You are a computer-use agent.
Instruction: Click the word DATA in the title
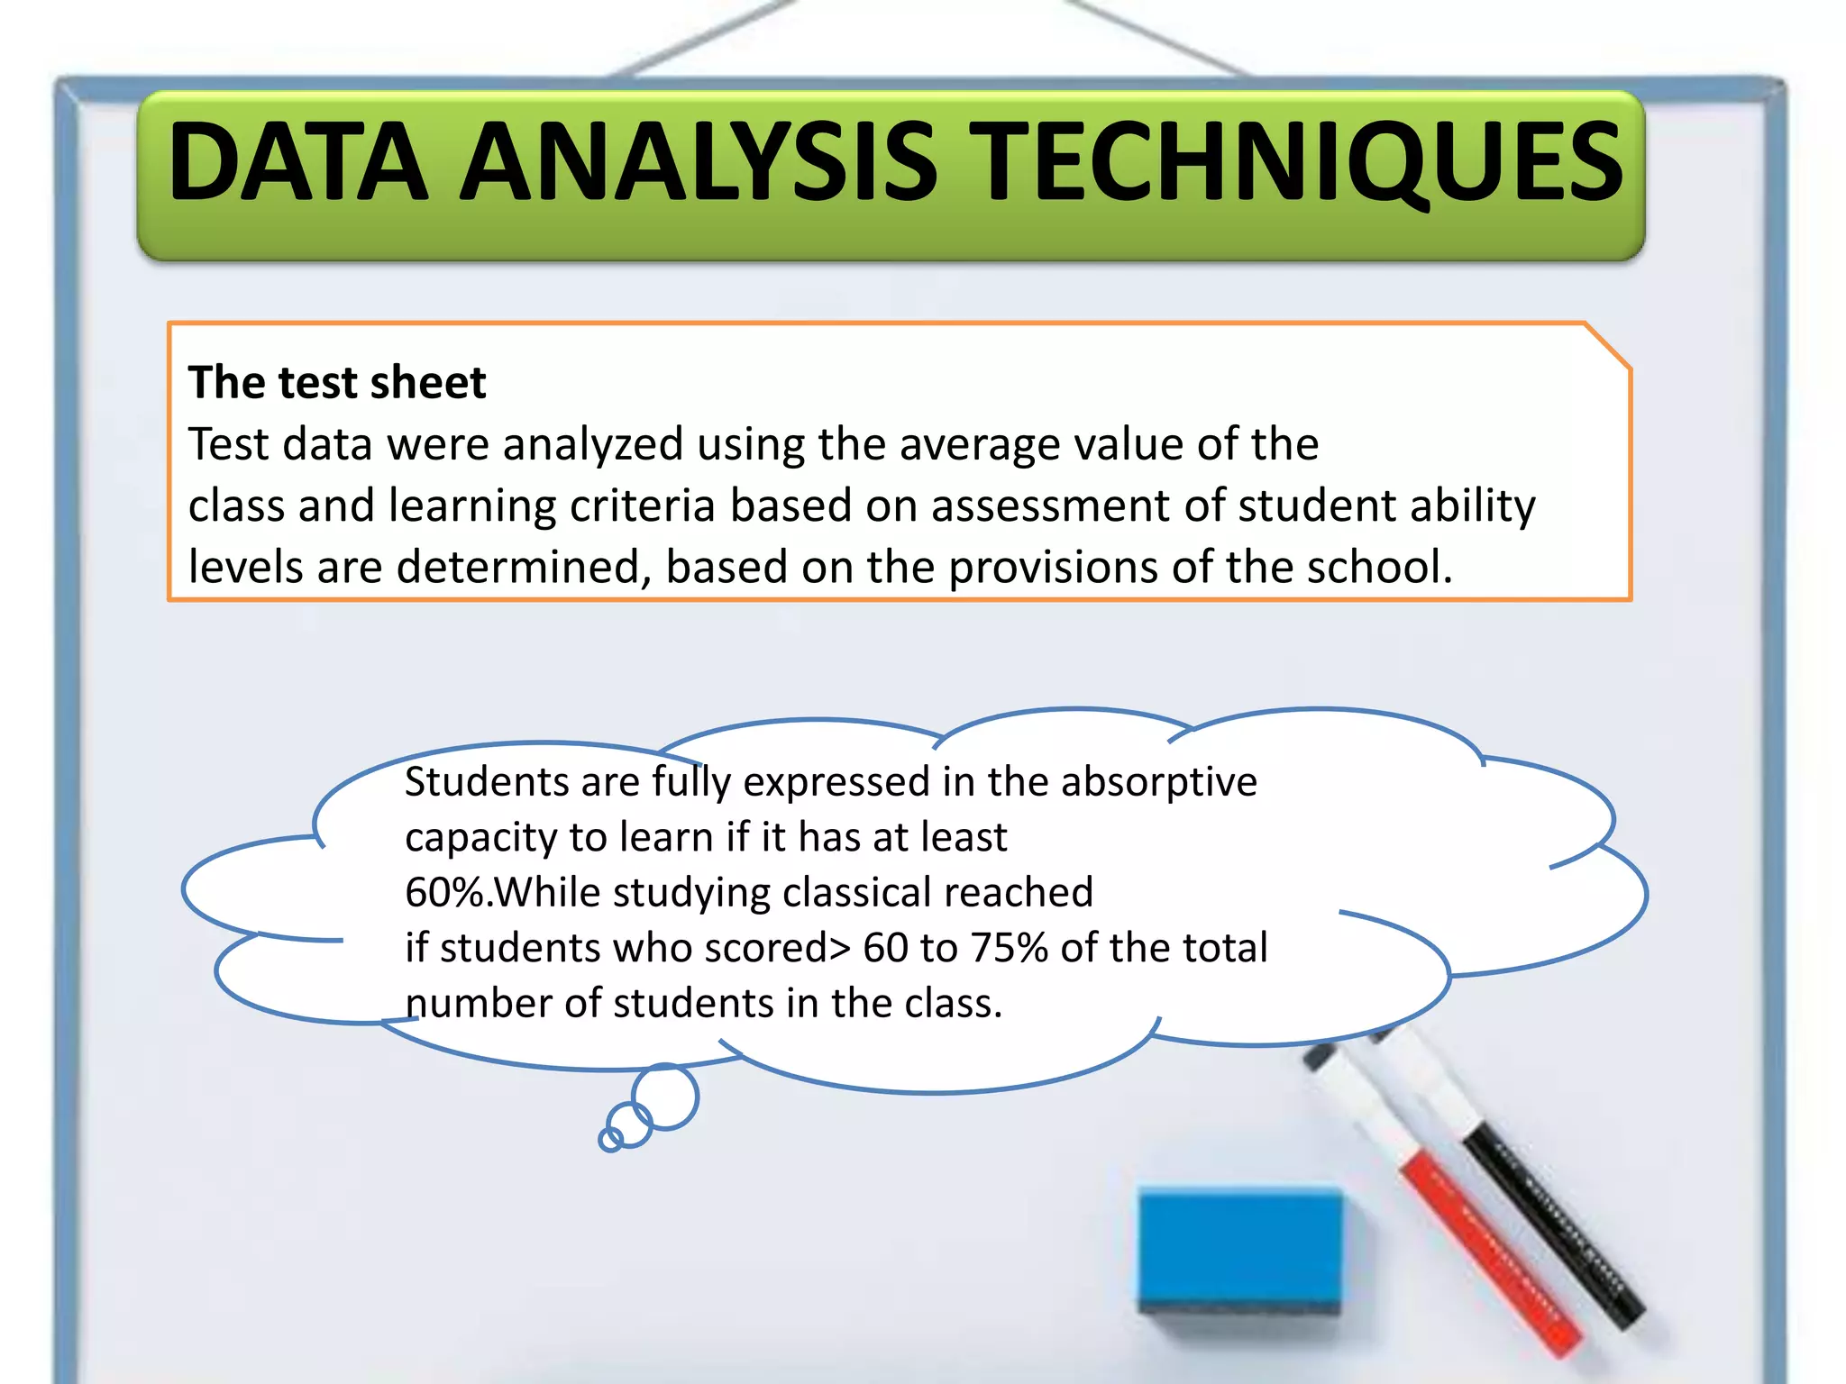click(297, 162)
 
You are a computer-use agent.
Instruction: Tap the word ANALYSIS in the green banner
click(699, 162)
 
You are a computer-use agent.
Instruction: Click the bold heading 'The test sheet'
click(337, 382)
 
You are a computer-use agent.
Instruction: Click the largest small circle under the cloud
click(665, 1096)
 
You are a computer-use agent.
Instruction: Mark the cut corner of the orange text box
click(1608, 345)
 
